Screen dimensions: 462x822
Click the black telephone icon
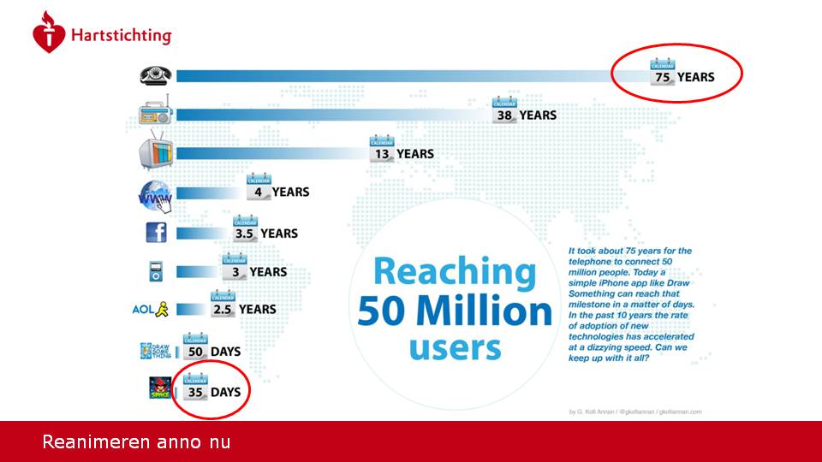[156, 75]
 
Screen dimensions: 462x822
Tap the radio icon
[156, 115]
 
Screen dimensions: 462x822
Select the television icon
[156, 154]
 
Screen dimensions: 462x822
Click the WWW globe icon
[156, 195]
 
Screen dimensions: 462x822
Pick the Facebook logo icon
[156, 233]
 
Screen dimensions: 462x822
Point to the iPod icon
[156, 272]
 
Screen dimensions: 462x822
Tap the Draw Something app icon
[156, 351]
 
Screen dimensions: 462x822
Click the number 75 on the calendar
[662, 77]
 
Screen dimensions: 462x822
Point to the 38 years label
[526, 115]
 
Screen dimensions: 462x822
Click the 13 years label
[402, 154]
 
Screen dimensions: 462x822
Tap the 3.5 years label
[266, 233]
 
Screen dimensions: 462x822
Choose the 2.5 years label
[244, 310]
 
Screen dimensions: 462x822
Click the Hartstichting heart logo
[49, 34]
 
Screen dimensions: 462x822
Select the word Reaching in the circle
[455, 272]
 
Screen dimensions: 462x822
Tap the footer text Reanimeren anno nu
[136, 442]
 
